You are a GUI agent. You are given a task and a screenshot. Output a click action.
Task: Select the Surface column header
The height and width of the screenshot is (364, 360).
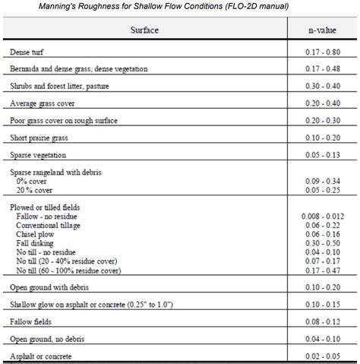point(144,32)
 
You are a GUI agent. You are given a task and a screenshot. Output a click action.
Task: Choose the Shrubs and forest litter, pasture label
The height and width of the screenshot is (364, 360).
point(60,86)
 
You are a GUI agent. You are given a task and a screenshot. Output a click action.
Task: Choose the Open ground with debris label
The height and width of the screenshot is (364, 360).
point(49,288)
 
